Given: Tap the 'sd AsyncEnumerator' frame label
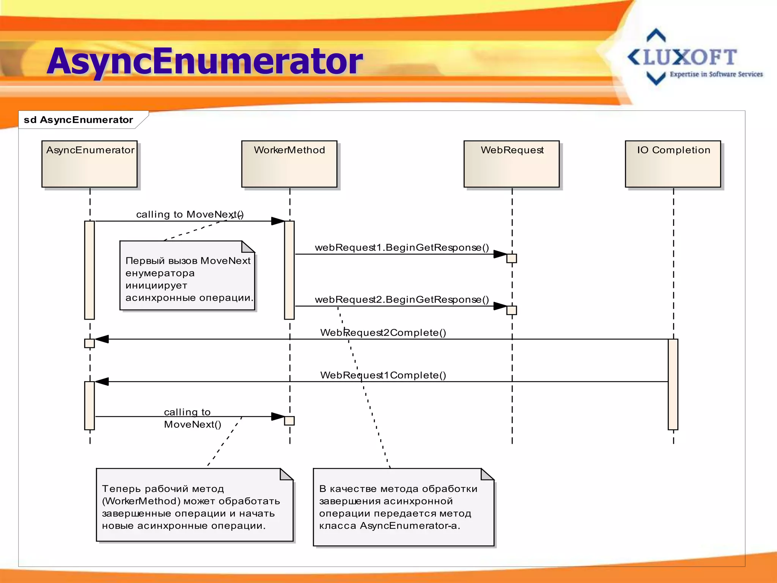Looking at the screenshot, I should click(79, 120).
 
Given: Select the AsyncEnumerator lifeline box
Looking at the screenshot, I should click(90, 164).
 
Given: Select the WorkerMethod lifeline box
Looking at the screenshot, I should click(289, 164).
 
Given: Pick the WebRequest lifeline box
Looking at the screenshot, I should click(511, 164).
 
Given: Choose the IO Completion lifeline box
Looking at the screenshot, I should click(673, 164).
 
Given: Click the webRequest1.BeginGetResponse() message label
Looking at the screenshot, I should click(402, 247).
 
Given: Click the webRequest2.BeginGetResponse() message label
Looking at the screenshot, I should click(402, 299).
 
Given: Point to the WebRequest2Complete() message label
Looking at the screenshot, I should click(383, 332).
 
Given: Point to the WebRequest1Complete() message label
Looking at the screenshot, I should click(383, 375).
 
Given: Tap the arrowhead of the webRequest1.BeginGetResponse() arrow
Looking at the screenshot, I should click(500, 254).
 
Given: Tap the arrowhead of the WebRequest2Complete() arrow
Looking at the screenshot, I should click(102, 339).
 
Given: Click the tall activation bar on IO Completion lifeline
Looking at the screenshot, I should click(673, 384).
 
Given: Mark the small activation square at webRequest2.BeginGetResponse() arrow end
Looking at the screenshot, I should click(511, 310).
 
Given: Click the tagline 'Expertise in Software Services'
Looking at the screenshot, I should click(716, 74).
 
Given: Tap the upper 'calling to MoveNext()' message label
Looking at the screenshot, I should click(190, 214).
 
